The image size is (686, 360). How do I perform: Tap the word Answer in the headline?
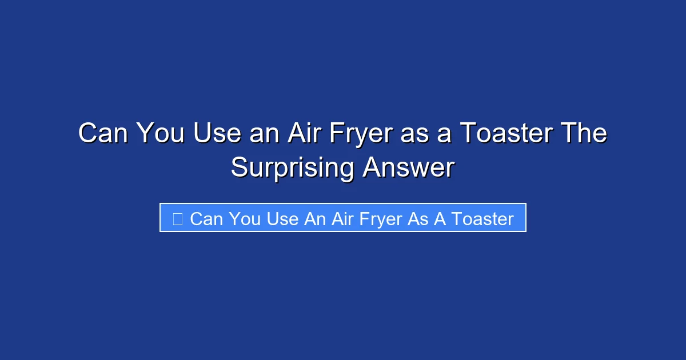408,169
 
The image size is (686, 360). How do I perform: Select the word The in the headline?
583,134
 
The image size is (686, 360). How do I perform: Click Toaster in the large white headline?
506,134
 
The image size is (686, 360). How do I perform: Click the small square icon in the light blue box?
177,218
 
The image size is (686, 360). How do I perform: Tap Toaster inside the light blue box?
482,218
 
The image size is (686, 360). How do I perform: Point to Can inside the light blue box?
206,218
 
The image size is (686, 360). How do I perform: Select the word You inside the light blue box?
245,218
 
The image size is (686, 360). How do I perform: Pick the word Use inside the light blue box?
282,218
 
